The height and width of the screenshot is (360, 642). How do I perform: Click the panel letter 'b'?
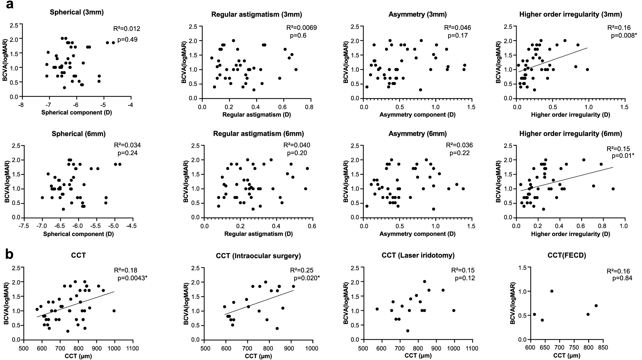coord(10,254)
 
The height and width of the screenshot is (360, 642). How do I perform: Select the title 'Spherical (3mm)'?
coord(77,12)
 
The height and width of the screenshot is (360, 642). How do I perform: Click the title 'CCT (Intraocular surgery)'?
coord(258,256)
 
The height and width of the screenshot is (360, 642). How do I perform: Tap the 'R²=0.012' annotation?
coord(127,29)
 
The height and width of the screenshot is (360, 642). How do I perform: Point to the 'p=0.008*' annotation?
coord(623,36)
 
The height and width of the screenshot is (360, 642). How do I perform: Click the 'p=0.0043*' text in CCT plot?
coord(132,278)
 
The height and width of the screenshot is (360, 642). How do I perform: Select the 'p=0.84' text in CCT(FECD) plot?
coord(622,278)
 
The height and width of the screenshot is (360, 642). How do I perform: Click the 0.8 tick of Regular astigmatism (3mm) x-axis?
coord(309,107)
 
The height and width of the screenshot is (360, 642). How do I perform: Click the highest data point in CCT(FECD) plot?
coord(552,291)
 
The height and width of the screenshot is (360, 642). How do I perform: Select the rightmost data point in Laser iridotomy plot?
coord(453,310)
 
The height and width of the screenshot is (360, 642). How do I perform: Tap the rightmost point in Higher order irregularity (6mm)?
coord(613,189)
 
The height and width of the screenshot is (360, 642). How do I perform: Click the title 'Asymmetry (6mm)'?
coord(417,134)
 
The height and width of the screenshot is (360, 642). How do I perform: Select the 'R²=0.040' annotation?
coord(297,145)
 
